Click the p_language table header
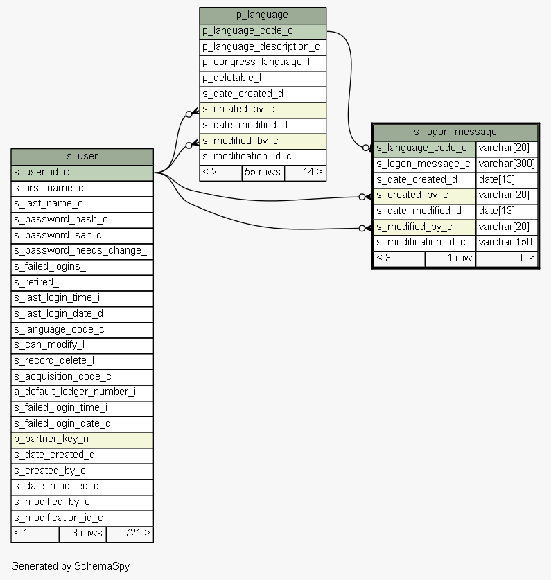pyautogui.click(x=263, y=15)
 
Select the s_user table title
pyautogui.click(x=82, y=157)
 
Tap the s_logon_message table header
pyautogui.click(x=455, y=132)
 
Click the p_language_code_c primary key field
pyautogui.click(x=263, y=31)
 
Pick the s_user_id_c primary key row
pyautogui.click(x=82, y=173)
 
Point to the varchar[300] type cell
pyautogui.click(x=507, y=164)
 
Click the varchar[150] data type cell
pyautogui.click(x=507, y=243)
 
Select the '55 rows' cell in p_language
pyautogui.click(x=263, y=173)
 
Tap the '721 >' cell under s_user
pyautogui.click(x=130, y=534)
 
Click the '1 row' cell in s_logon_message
pyautogui.click(x=451, y=258)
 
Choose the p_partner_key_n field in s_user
pyautogui.click(x=82, y=440)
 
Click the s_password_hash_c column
pyautogui.click(x=82, y=220)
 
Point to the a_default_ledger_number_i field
pyautogui.click(x=82, y=392)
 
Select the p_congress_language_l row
pyautogui.click(x=263, y=63)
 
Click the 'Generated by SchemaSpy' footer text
pyautogui.click(x=70, y=566)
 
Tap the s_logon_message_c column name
pyautogui.click(x=424, y=164)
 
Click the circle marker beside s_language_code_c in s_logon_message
pyautogui.click(x=366, y=148)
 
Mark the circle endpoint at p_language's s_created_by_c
pyautogui.click(x=189, y=114)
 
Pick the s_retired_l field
pyautogui.click(x=82, y=283)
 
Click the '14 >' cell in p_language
pyautogui.click(x=305, y=173)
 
